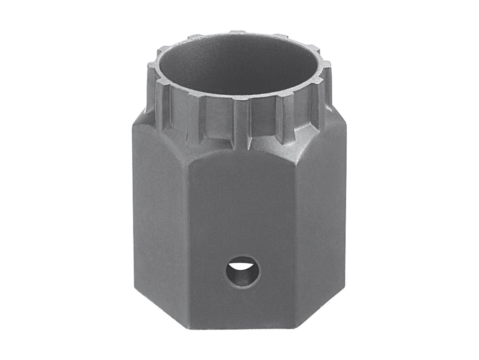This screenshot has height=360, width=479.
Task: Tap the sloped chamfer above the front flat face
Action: pyautogui.click(x=239, y=150)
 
